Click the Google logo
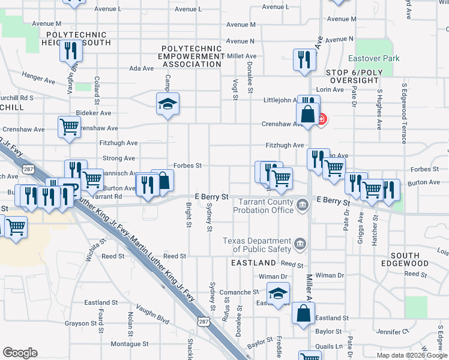pyautogui.click(x=20, y=353)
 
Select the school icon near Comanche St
pyautogui.click(x=278, y=293)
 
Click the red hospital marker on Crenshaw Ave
pyautogui.click(x=322, y=119)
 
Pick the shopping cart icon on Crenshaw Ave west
pyautogui.click(x=69, y=127)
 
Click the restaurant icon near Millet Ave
pyautogui.click(x=303, y=59)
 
